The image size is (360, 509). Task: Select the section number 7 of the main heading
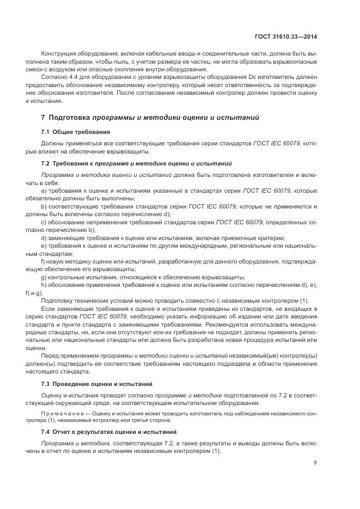(x=43, y=117)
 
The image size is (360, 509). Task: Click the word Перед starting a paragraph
(x=51, y=356)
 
